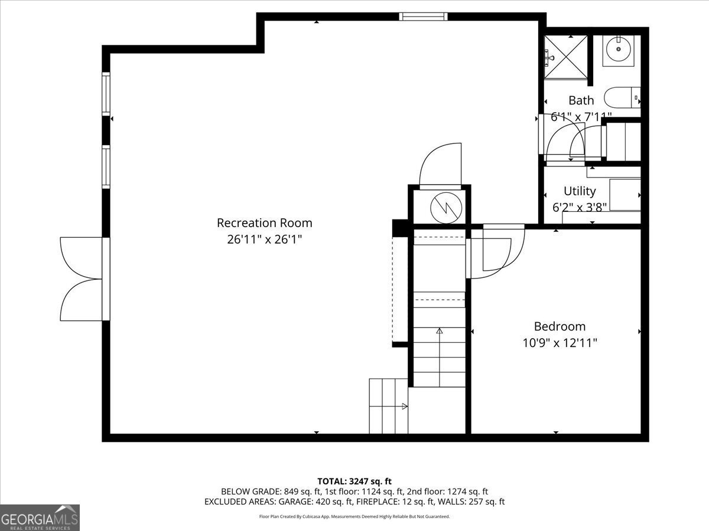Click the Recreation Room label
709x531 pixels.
pyautogui.click(x=264, y=223)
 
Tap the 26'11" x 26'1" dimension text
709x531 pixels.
pyautogui.click(x=264, y=239)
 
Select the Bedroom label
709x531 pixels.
pyautogui.click(x=560, y=326)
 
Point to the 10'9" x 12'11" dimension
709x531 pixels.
pyautogui.click(x=560, y=342)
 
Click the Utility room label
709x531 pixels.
pyautogui.click(x=579, y=191)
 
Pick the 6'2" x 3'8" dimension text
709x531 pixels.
pyautogui.click(x=579, y=207)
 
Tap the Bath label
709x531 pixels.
pyautogui.click(x=581, y=100)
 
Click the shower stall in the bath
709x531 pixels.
pyautogui.click(x=566, y=57)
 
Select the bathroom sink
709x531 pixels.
pyautogui.click(x=618, y=50)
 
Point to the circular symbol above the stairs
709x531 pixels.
pyautogui.click(x=440, y=207)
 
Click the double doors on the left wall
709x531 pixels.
pyautogui.click(x=83, y=279)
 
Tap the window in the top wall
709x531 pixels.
pyautogui.click(x=423, y=17)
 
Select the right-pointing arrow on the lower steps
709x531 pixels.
pyautogui.click(x=404, y=406)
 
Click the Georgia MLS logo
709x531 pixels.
pyautogui.click(x=40, y=517)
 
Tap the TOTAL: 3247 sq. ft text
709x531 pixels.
pyautogui.click(x=354, y=481)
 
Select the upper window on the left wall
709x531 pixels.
pyautogui.click(x=106, y=93)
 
